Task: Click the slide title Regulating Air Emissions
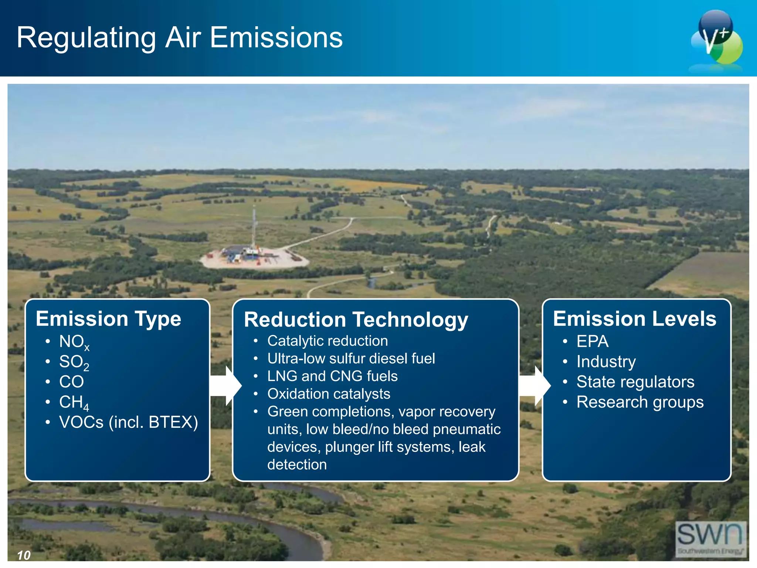pyautogui.click(x=180, y=38)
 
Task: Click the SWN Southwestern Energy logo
pyautogui.click(x=710, y=538)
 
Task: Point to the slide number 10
pyautogui.click(x=24, y=555)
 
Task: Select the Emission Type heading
pyautogui.click(x=108, y=319)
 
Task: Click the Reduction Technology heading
pyautogui.click(x=356, y=319)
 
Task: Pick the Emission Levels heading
pyautogui.click(x=634, y=319)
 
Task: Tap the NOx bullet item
pyautogui.click(x=74, y=342)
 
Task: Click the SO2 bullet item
pyautogui.click(x=74, y=362)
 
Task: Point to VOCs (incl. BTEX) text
pyautogui.click(x=128, y=422)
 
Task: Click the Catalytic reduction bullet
pyautogui.click(x=327, y=341)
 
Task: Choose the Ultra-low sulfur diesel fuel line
pyautogui.click(x=351, y=359)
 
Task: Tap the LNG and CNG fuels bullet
pyautogui.click(x=332, y=376)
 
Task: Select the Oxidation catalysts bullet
pyautogui.click(x=329, y=394)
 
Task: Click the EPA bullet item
pyautogui.click(x=592, y=341)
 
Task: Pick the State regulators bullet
pyautogui.click(x=635, y=382)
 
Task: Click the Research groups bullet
pyautogui.click(x=640, y=402)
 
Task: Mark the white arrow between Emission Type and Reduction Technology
pyautogui.click(x=225, y=386)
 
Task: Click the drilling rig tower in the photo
pyautogui.click(x=254, y=229)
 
